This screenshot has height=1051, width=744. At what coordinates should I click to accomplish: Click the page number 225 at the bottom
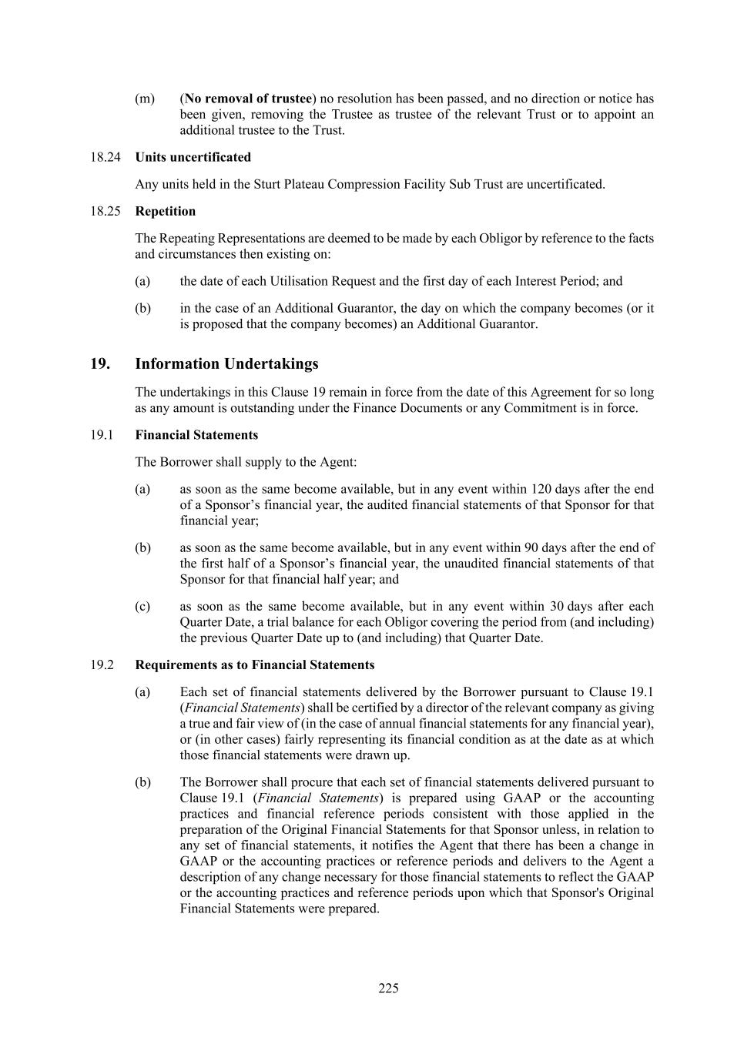[x=388, y=988]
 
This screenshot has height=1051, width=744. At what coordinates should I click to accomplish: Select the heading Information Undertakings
[x=226, y=363]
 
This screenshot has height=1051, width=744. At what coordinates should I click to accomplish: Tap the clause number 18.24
[x=106, y=157]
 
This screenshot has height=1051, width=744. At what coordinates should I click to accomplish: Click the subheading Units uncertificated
[x=193, y=157]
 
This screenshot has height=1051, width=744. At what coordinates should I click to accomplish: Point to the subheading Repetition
[x=165, y=211]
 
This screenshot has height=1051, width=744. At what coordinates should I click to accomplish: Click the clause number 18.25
[x=106, y=211]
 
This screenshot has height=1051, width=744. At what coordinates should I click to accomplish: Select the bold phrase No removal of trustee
[x=248, y=99]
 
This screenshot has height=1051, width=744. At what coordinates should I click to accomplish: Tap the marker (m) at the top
[x=145, y=99]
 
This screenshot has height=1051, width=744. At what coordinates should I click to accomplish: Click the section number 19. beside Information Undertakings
[x=100, y=363]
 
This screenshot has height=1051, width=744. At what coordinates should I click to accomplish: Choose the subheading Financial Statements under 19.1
[x=196, y=435]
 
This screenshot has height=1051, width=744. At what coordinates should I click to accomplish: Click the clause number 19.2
[x=102, y=664]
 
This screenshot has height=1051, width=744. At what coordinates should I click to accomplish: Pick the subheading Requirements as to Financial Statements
[x=255, y=664]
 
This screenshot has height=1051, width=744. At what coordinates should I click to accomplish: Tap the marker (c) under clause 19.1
[x=142, y=606]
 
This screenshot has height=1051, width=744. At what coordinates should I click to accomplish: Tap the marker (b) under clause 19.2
[x=142, y=782]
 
